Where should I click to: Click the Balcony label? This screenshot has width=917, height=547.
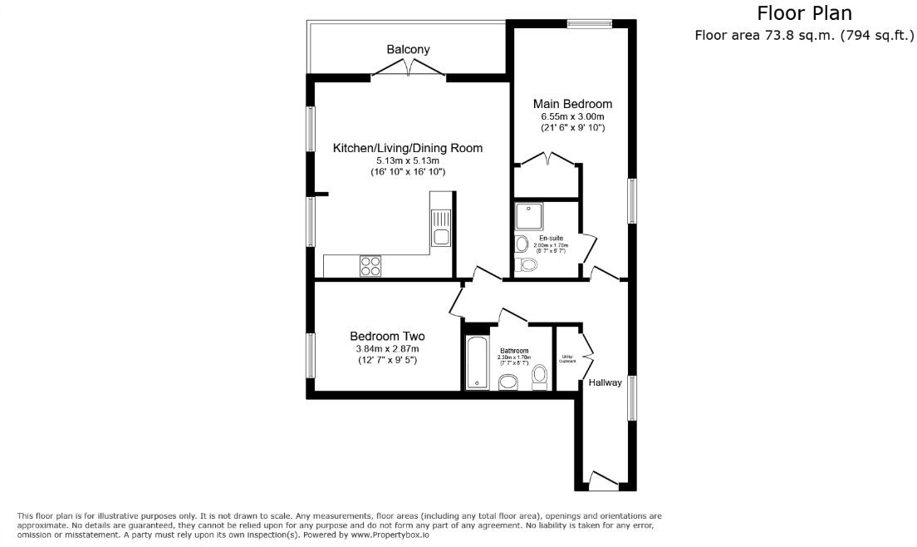(x=408, y=49)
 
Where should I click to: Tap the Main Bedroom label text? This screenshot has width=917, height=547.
(x=572, y=104)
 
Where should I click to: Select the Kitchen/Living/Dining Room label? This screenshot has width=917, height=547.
(x=407, y=148)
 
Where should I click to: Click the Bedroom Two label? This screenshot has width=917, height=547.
(x=386, y=336)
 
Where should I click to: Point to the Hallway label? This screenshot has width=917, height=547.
(x=605, y=382)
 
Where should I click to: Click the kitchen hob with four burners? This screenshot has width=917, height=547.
(x=370, y=266)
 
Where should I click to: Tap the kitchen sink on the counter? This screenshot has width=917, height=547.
(x=441, y=238)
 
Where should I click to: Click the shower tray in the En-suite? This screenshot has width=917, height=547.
(x=529, y=216)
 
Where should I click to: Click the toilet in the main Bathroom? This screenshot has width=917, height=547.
(x=539, y=377)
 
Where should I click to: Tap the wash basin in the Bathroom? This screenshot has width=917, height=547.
(x=508, y=381)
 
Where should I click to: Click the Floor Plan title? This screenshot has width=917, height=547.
(x=804, y=14)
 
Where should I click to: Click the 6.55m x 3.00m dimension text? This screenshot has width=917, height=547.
(x=572, y=118)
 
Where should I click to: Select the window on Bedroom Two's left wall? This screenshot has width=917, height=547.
(x=311, y=355)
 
